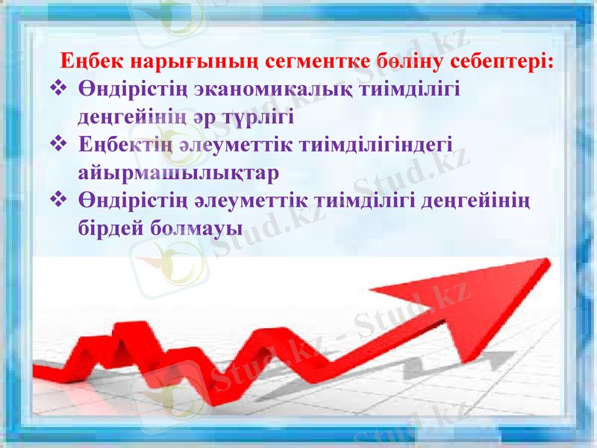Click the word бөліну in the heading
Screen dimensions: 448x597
click(398, 60)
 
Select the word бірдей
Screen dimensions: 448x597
click(110, 226)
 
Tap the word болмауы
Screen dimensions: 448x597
click(196, 226)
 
